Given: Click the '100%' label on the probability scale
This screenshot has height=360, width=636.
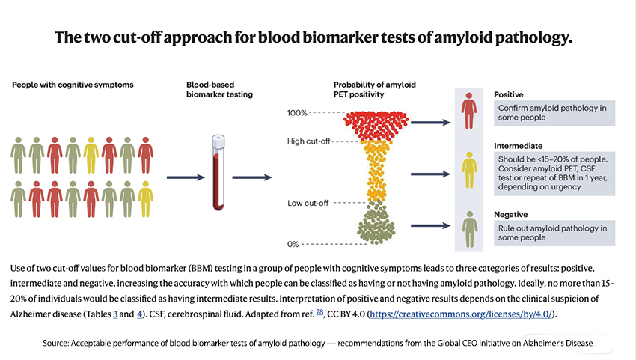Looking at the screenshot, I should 297,113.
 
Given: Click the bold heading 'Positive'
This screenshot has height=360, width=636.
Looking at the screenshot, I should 509,95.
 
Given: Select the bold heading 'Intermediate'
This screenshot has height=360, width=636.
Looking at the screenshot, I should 519,145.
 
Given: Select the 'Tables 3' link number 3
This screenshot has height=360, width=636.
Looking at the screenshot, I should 115,315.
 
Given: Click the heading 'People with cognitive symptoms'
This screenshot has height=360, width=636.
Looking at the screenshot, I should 73,85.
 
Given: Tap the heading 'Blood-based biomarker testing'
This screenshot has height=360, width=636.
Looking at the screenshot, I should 220,90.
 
